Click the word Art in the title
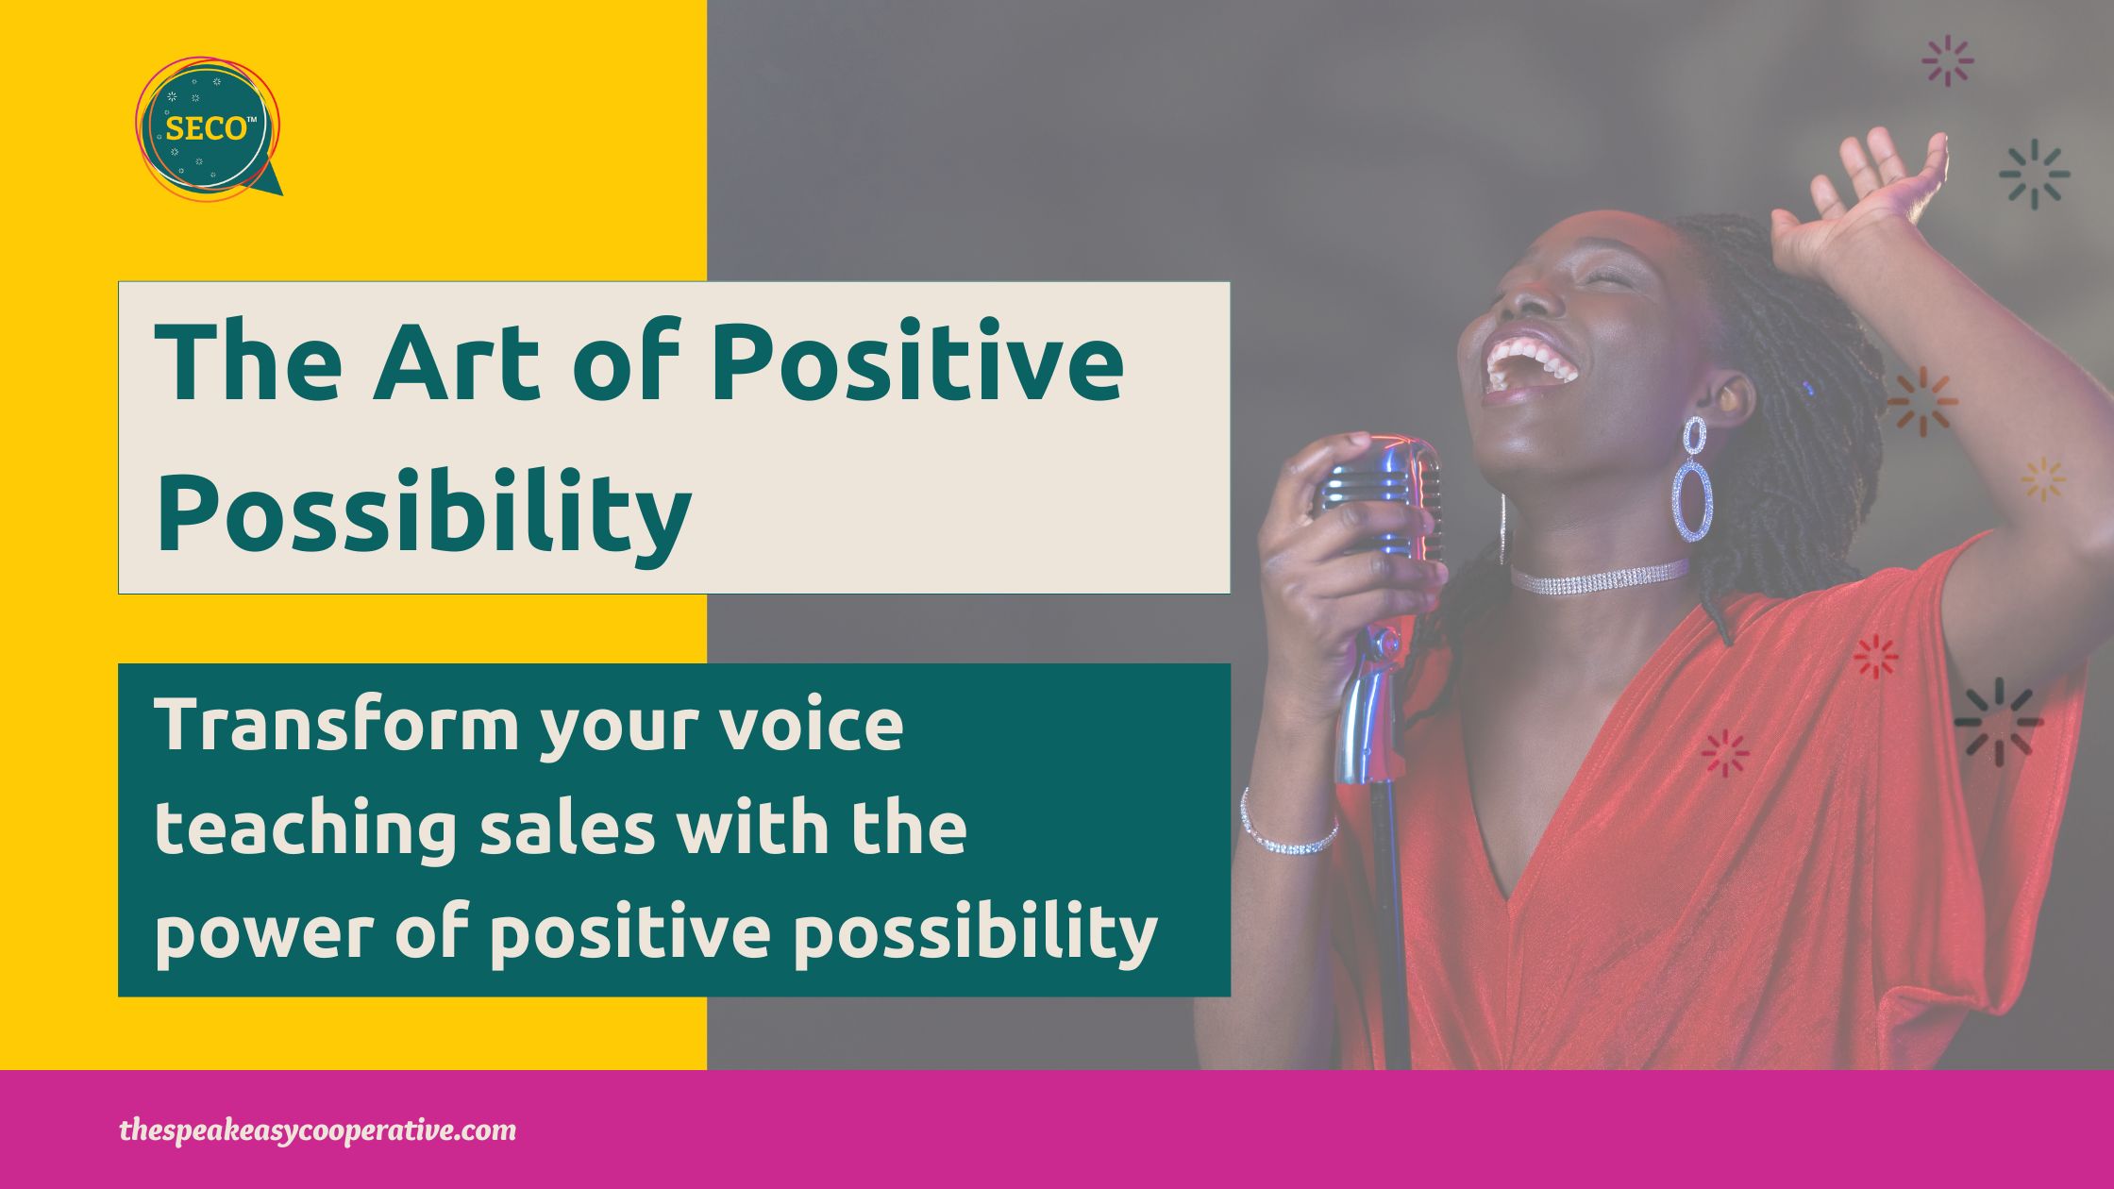pos(463,362)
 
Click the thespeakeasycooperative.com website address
pos(318,1130)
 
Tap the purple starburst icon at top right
pos(1948,60)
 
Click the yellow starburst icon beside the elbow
pos(2043,479)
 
